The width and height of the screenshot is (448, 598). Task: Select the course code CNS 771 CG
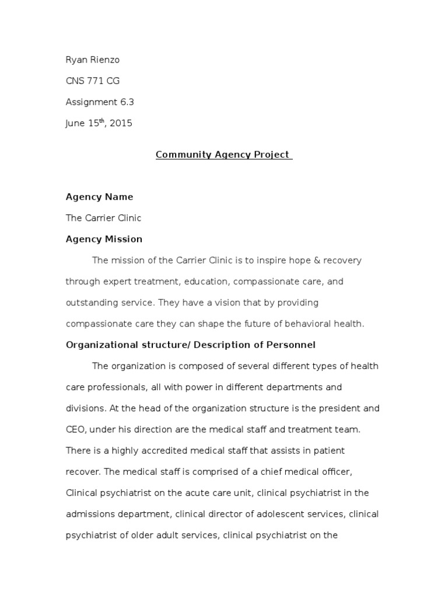(93, 81)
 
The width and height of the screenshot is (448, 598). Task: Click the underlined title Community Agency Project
(223, 155)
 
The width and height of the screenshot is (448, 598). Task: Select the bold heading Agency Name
(99, 197)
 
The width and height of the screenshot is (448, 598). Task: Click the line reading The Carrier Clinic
(103, 218)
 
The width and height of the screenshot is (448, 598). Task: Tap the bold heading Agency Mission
(104, 239)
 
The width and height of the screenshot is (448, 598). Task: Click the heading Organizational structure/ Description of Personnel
(190, 345)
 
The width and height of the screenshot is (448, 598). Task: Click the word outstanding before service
(92, 303)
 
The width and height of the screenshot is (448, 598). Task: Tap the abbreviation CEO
(76, 429)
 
